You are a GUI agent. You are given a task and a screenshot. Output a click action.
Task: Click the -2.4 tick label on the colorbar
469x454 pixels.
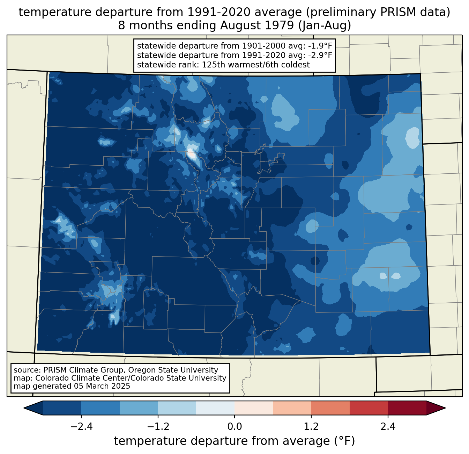coord(81,427)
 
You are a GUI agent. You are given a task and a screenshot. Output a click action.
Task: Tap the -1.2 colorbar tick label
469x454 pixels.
coord(158,427)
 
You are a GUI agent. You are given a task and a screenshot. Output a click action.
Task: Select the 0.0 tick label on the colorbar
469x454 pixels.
coord(234,427)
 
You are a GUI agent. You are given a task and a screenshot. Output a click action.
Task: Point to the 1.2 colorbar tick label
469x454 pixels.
coord(311,427)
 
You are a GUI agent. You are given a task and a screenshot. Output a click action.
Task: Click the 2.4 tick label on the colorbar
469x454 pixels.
coord(388,427)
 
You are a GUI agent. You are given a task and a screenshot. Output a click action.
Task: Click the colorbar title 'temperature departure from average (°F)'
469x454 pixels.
coord(234,441)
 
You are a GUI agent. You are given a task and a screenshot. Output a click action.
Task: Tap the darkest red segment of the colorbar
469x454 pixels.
coord(407,408)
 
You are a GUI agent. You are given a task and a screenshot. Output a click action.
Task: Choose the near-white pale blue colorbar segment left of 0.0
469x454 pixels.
coord(215,408)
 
